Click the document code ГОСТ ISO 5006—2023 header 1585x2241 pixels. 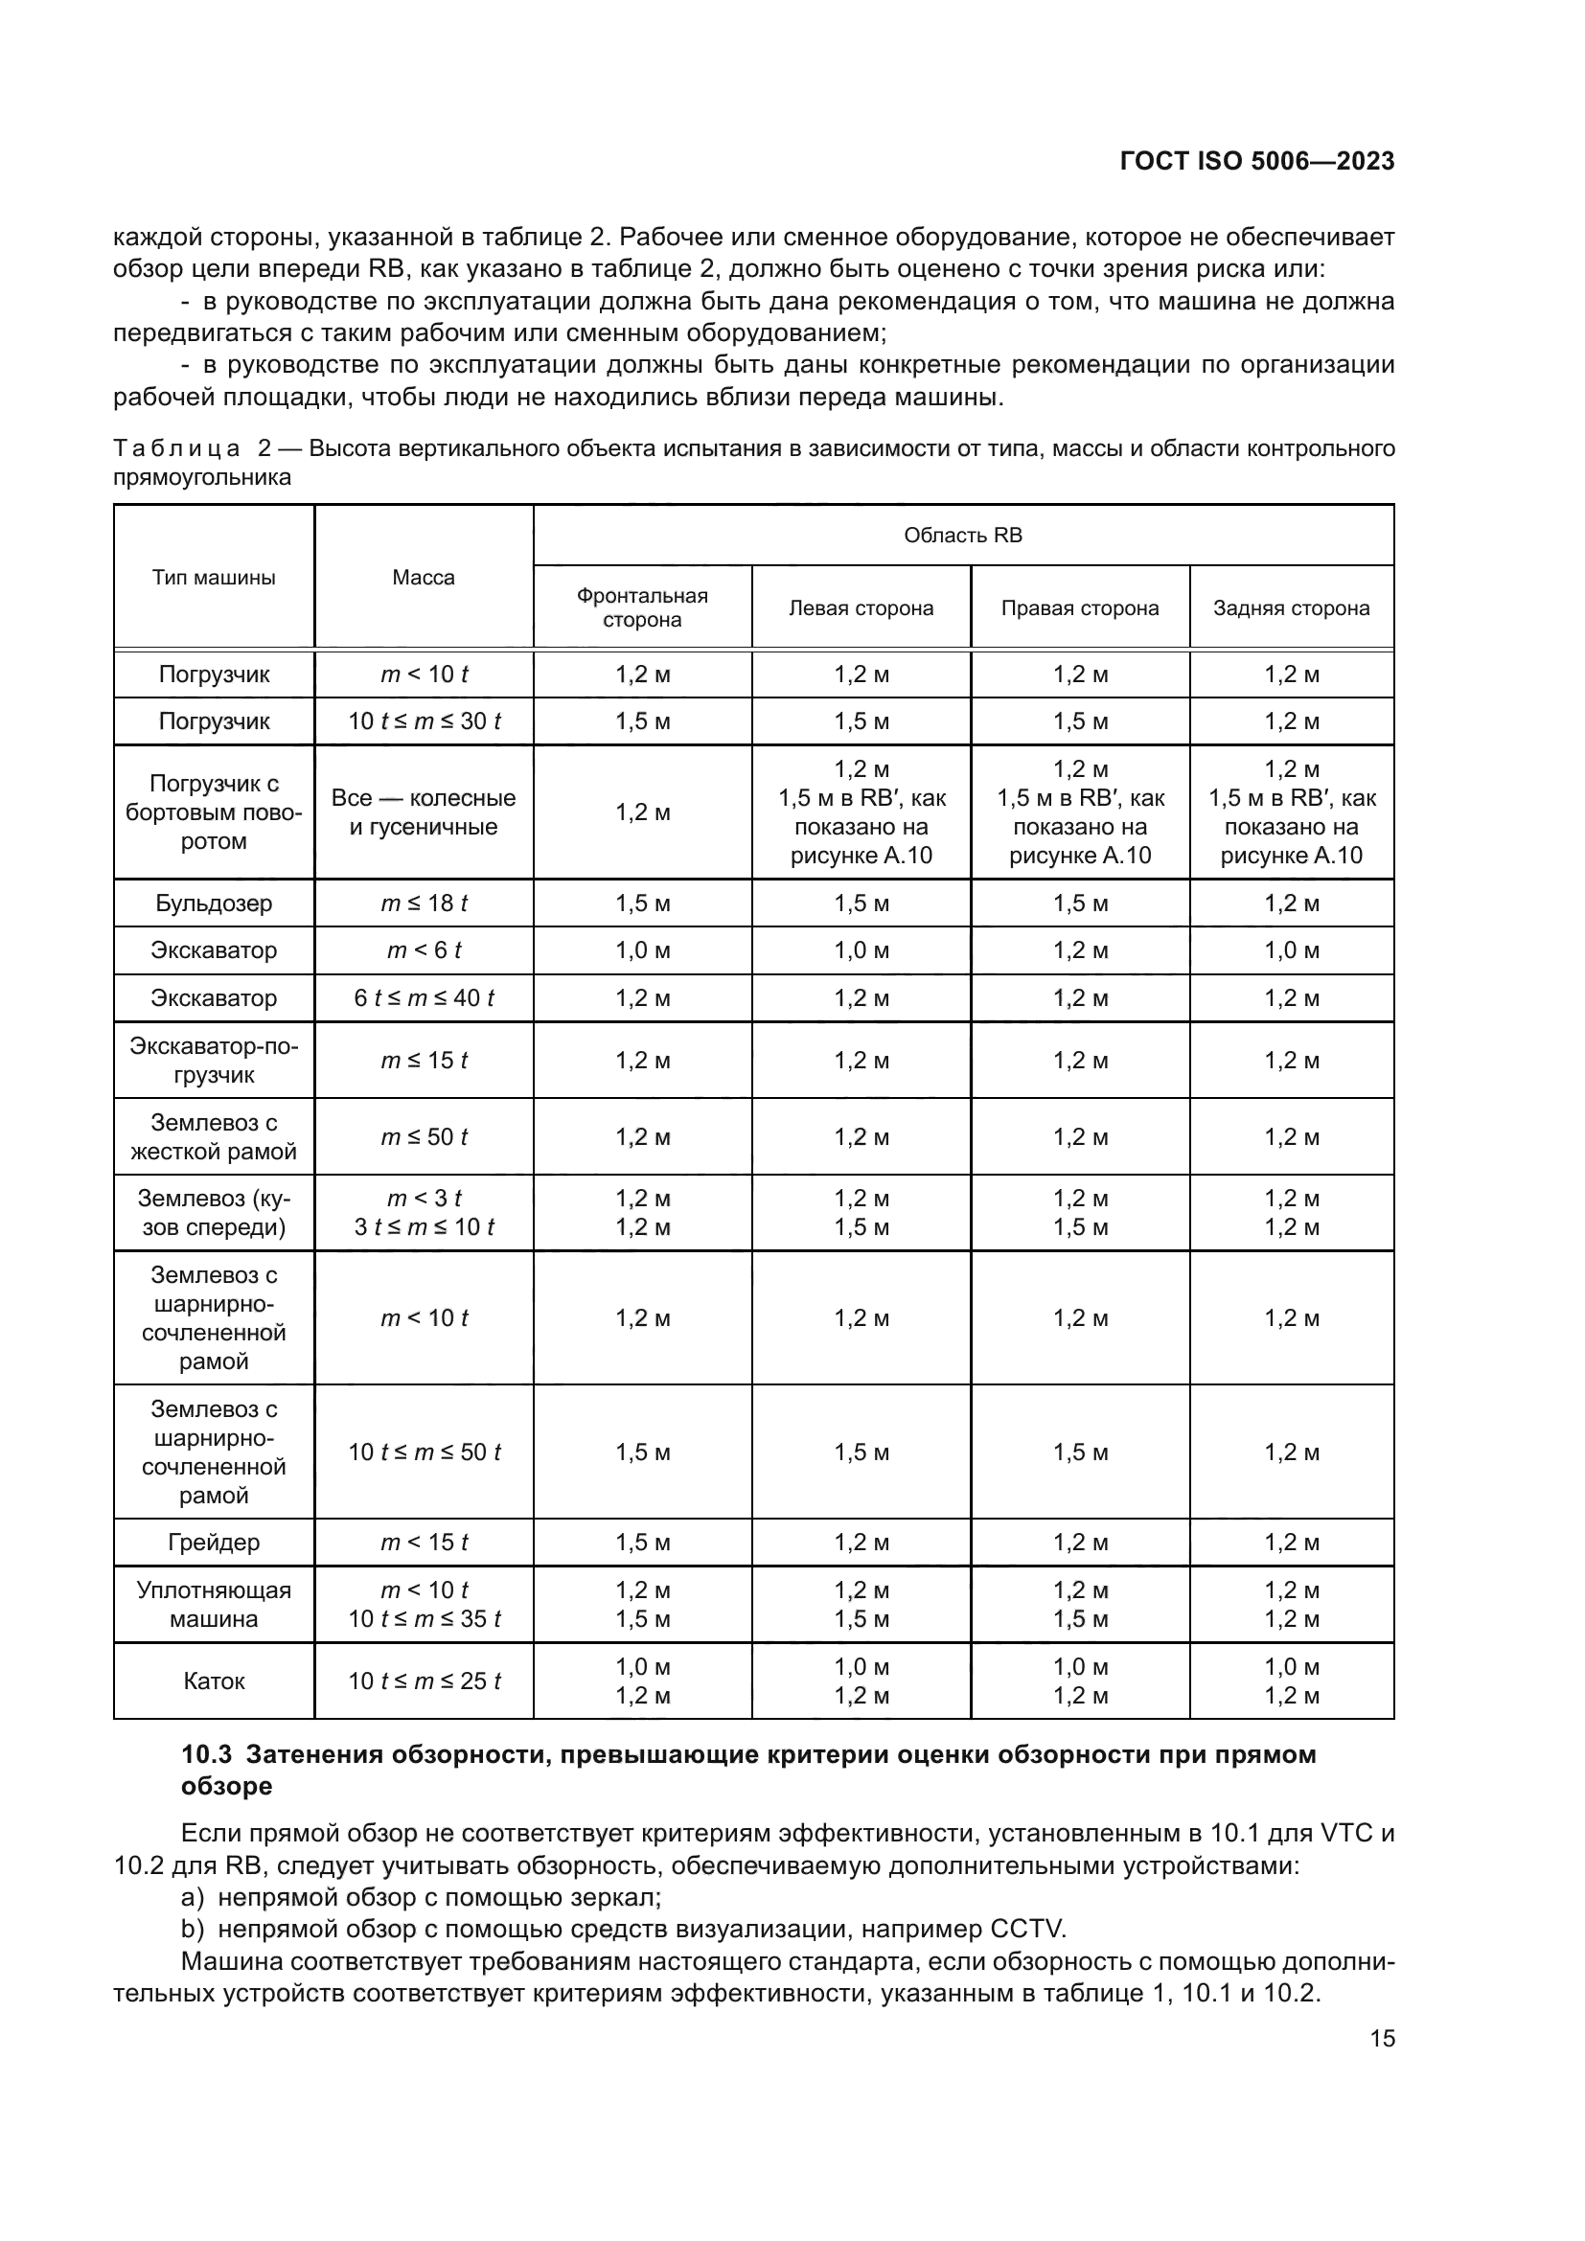coord(1257,162)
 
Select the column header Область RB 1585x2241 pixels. coord(962,535)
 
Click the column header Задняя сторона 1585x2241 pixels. coord(1290,608)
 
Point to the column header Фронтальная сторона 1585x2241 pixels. coord(642,607)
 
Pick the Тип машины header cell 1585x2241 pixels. coord(214,577)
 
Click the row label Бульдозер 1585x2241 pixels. coord(214,903)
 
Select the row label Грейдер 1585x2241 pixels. coord(214,1543)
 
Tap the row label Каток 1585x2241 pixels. coord(214,1681)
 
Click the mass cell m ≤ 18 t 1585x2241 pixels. coord(424,903)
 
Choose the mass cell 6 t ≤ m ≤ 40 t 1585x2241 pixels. coord(424,997)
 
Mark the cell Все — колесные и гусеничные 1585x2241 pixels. coord(424,812)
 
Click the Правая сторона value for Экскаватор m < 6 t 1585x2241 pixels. coord(1079,949)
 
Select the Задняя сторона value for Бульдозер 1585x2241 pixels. coord(1290,903)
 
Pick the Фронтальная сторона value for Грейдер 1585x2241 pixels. coord(642,1543)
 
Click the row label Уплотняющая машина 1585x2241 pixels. coord(214,1604)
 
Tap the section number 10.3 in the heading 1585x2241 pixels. coord(206,1755)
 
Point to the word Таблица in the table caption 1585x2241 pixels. coord(176,449)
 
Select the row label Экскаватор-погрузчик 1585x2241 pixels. coord(214,1060)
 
